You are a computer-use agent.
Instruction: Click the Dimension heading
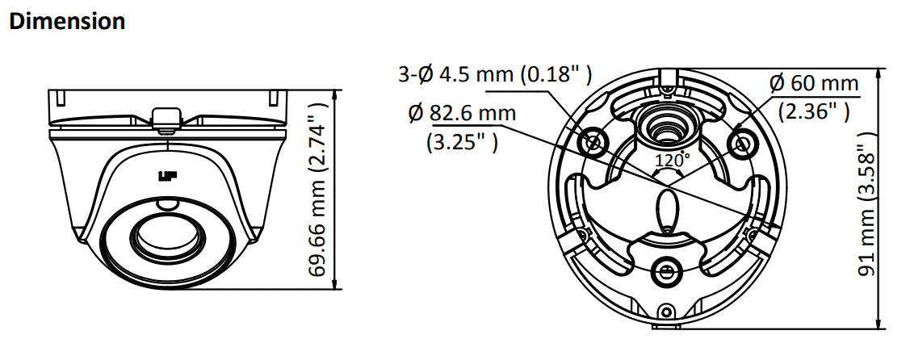tap(67, 21)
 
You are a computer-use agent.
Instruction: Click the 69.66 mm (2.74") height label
tap(320, 189)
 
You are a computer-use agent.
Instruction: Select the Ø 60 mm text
tap(813, 82)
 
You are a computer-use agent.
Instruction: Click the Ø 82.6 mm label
tap(463, 113)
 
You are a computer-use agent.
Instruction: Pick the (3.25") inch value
tap(461, 141)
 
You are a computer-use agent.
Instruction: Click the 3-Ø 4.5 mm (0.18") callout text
tap(496, 75)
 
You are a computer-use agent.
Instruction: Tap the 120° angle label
tap(670, 161)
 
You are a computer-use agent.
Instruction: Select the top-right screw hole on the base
tap(741, 142)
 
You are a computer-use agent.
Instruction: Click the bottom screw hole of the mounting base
tap(667, 270)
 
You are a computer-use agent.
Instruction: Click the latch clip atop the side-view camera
tap(166, 118)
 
